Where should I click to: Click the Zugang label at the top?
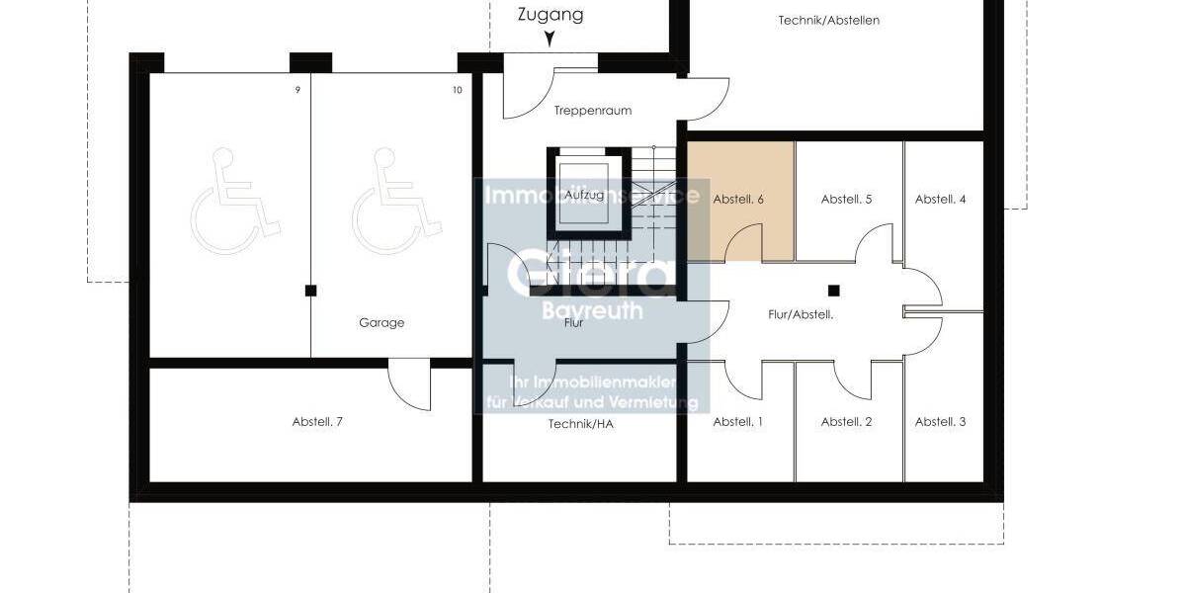pyautogui.click(x=551, y=15)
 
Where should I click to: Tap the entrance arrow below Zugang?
pyautogui.click(x=550, y=40)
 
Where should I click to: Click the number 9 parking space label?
pyautogui.click(x=297, y=90)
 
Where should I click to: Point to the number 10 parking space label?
pyautogui.click(x=457, y=90)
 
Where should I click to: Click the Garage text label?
pyautogui.click(x=381, y=322)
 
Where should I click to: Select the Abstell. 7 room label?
pyautogui.click(x=317, y=421)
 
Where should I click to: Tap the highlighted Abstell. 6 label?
pyautogui.click(x=738, y=199)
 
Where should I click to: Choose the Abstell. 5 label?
pyautogui.click(x=846, y=199)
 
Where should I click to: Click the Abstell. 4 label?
pyautogui.click(x=940, y=199)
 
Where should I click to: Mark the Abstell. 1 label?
pyautogui.click(x=738, y=421)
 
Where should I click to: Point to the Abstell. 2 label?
pyautogui.click(x=846, y=421)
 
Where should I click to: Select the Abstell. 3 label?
pyautogui.click(x=940, y=421)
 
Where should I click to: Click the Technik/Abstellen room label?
pyautogui.click(x=828, y=20)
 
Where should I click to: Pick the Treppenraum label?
pyautogui.click(x=593, y=111)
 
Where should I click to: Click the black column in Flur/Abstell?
pyautogui.click(x=834, y=291)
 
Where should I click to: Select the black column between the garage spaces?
pyautogui.click(x=310, y=291)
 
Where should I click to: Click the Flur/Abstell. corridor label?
pyautogui.click(x=801, y=314)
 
